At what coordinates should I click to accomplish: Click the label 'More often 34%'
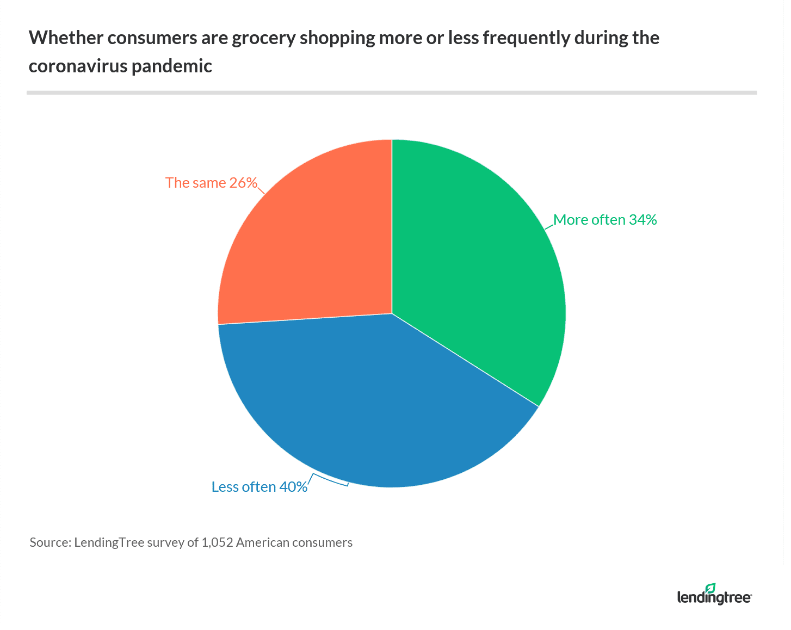coord(605,220)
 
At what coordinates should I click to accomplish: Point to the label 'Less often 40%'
coord(259,487)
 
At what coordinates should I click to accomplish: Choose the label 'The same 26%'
coord(211,183)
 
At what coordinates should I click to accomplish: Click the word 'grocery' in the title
coord(263,39)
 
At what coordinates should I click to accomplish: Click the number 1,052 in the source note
coord(217,542)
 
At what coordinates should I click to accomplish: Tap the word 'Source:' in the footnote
coord(50,542)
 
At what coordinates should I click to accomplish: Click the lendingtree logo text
coord(714,598)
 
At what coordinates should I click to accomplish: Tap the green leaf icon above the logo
coord(710,588)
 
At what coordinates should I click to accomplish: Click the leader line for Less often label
coord(329,481)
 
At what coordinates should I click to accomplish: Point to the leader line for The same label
coord(261,189)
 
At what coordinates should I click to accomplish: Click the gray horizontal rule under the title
coord(392,92)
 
